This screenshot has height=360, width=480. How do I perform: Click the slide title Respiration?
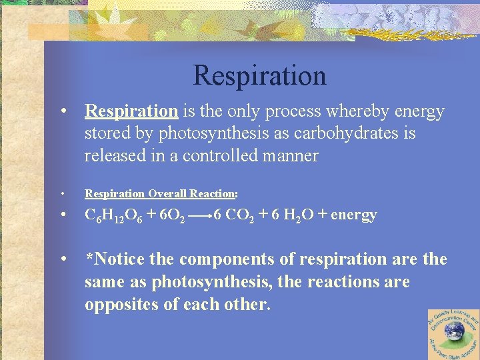(x=259, y=75)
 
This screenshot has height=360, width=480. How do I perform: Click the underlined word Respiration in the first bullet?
(x=131, y=111)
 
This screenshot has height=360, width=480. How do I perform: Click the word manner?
(x=288, y=156)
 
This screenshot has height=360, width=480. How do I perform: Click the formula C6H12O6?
(x=111, y=215)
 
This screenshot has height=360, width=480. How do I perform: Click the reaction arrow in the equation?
(x=201, y=216)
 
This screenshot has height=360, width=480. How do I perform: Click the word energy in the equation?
(x=353, y=215)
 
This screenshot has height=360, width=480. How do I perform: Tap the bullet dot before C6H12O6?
(x=62, y=215)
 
